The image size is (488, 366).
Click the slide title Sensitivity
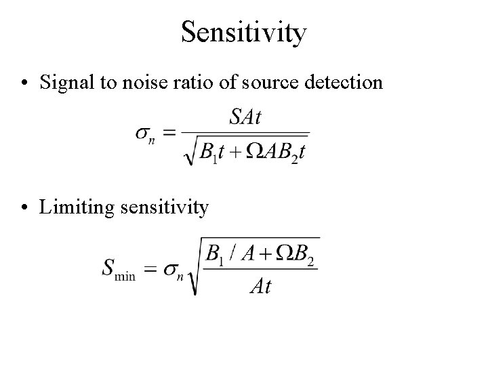point(243,33)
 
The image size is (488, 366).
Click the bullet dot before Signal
point(25,83)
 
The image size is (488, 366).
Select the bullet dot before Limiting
point(25,207)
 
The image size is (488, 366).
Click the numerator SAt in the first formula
point(245,117)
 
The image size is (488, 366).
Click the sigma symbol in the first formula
point(144,134)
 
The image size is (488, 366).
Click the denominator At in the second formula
point(260,286)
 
